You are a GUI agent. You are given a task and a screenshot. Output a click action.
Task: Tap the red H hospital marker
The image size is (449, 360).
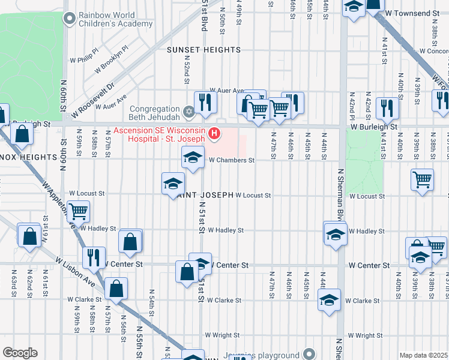[x=213, y=133]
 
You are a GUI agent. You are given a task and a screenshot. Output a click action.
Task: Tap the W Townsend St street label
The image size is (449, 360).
[x=412, y=13]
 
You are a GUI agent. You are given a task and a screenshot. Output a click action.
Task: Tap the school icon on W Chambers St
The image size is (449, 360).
[x=191, y=158]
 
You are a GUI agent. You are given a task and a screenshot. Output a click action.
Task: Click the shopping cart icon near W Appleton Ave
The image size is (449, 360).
[x=78, y=212]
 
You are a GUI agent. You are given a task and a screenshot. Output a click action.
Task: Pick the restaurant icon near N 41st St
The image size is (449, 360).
[x=387, y=108]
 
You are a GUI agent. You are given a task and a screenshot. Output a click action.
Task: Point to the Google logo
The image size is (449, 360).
[x=20, y=353]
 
